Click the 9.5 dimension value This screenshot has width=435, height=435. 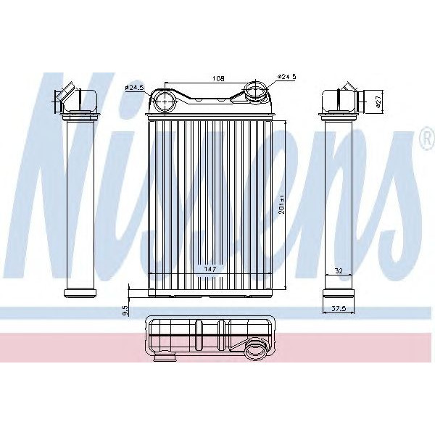click(x=125, y=310)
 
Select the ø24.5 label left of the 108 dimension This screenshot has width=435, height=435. click(x=135, y=87)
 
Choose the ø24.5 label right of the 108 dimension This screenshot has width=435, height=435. click(x=289, y=75)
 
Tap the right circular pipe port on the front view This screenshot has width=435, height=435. click(x=255, y=91)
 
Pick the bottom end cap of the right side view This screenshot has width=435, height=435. click(x=337, y=292)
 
